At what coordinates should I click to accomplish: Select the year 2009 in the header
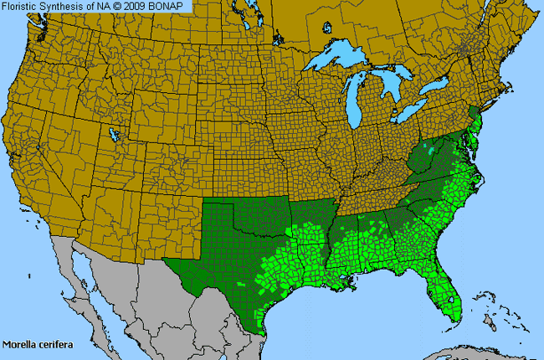[x=142, y=6]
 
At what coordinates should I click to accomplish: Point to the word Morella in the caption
[x=18, y=343]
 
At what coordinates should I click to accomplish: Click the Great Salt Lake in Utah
[x=110, y=133]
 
